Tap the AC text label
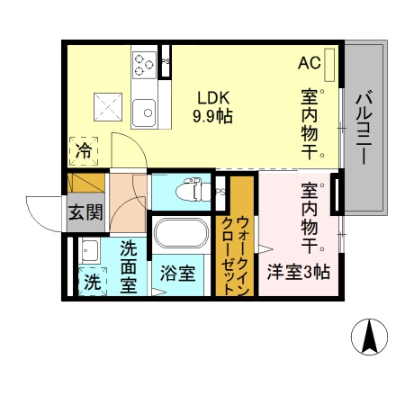(309, 64)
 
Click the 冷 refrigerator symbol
(83, 150)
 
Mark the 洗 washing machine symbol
(92, 281)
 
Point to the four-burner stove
(144, 62)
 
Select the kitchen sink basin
(144, 112)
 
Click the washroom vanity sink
(91, 249)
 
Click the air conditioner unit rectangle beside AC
(330, 63)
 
